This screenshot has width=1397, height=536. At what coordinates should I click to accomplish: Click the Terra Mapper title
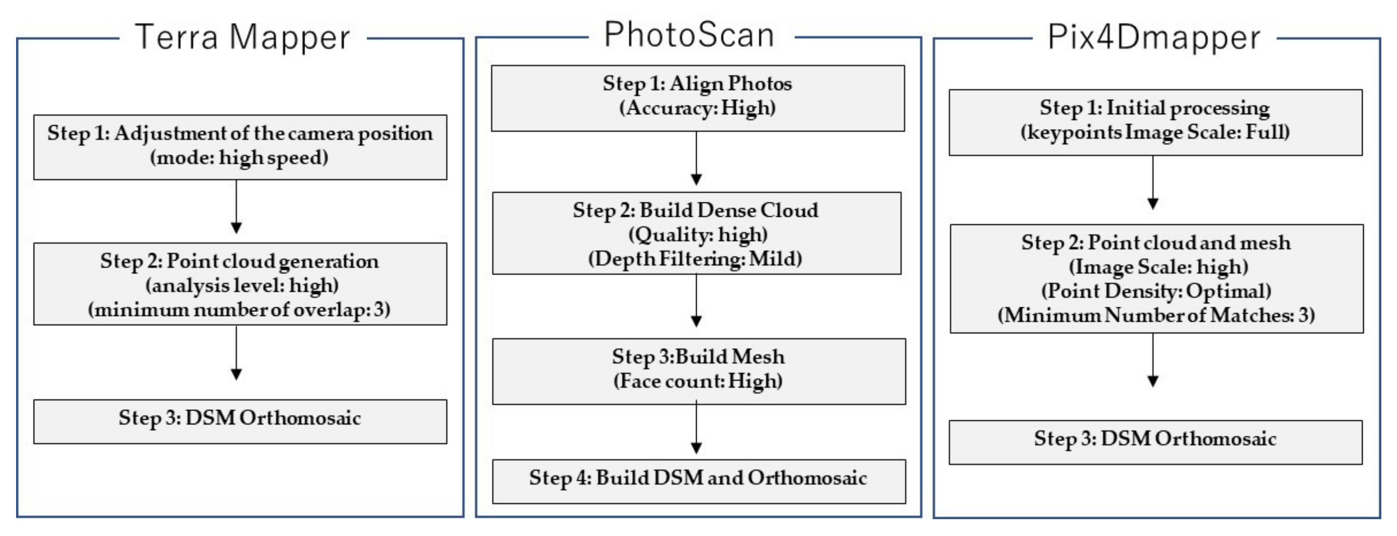[242, 38]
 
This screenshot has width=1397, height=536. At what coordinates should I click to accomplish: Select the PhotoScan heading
[689, 35]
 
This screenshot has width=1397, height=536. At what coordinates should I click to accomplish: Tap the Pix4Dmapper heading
[1153, 38]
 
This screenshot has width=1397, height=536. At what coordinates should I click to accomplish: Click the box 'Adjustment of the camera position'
[240, 146]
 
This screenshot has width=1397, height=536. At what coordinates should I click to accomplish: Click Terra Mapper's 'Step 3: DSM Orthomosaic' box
[240, 421]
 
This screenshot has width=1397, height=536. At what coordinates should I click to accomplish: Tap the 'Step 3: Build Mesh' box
[698, 371]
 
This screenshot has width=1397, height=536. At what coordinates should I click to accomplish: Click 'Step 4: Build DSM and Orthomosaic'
[698, 481]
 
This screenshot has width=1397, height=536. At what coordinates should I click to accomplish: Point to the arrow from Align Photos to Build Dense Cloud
[696, 160]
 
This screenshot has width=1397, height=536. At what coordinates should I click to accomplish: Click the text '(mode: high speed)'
[239, 158]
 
